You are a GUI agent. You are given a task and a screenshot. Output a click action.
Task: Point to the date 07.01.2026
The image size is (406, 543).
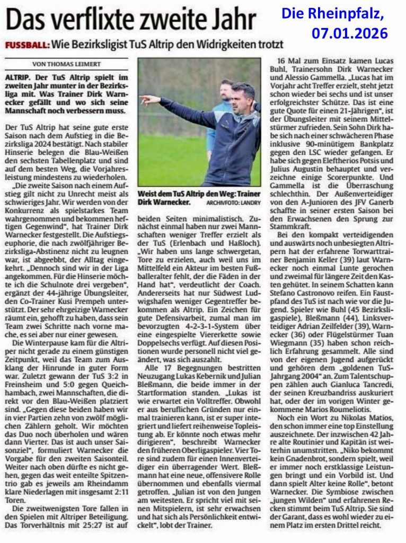pyautogui.click(x=349, y=33)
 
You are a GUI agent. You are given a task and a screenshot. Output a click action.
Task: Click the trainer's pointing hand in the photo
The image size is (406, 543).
pyautogui.click(x=145, y=99)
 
